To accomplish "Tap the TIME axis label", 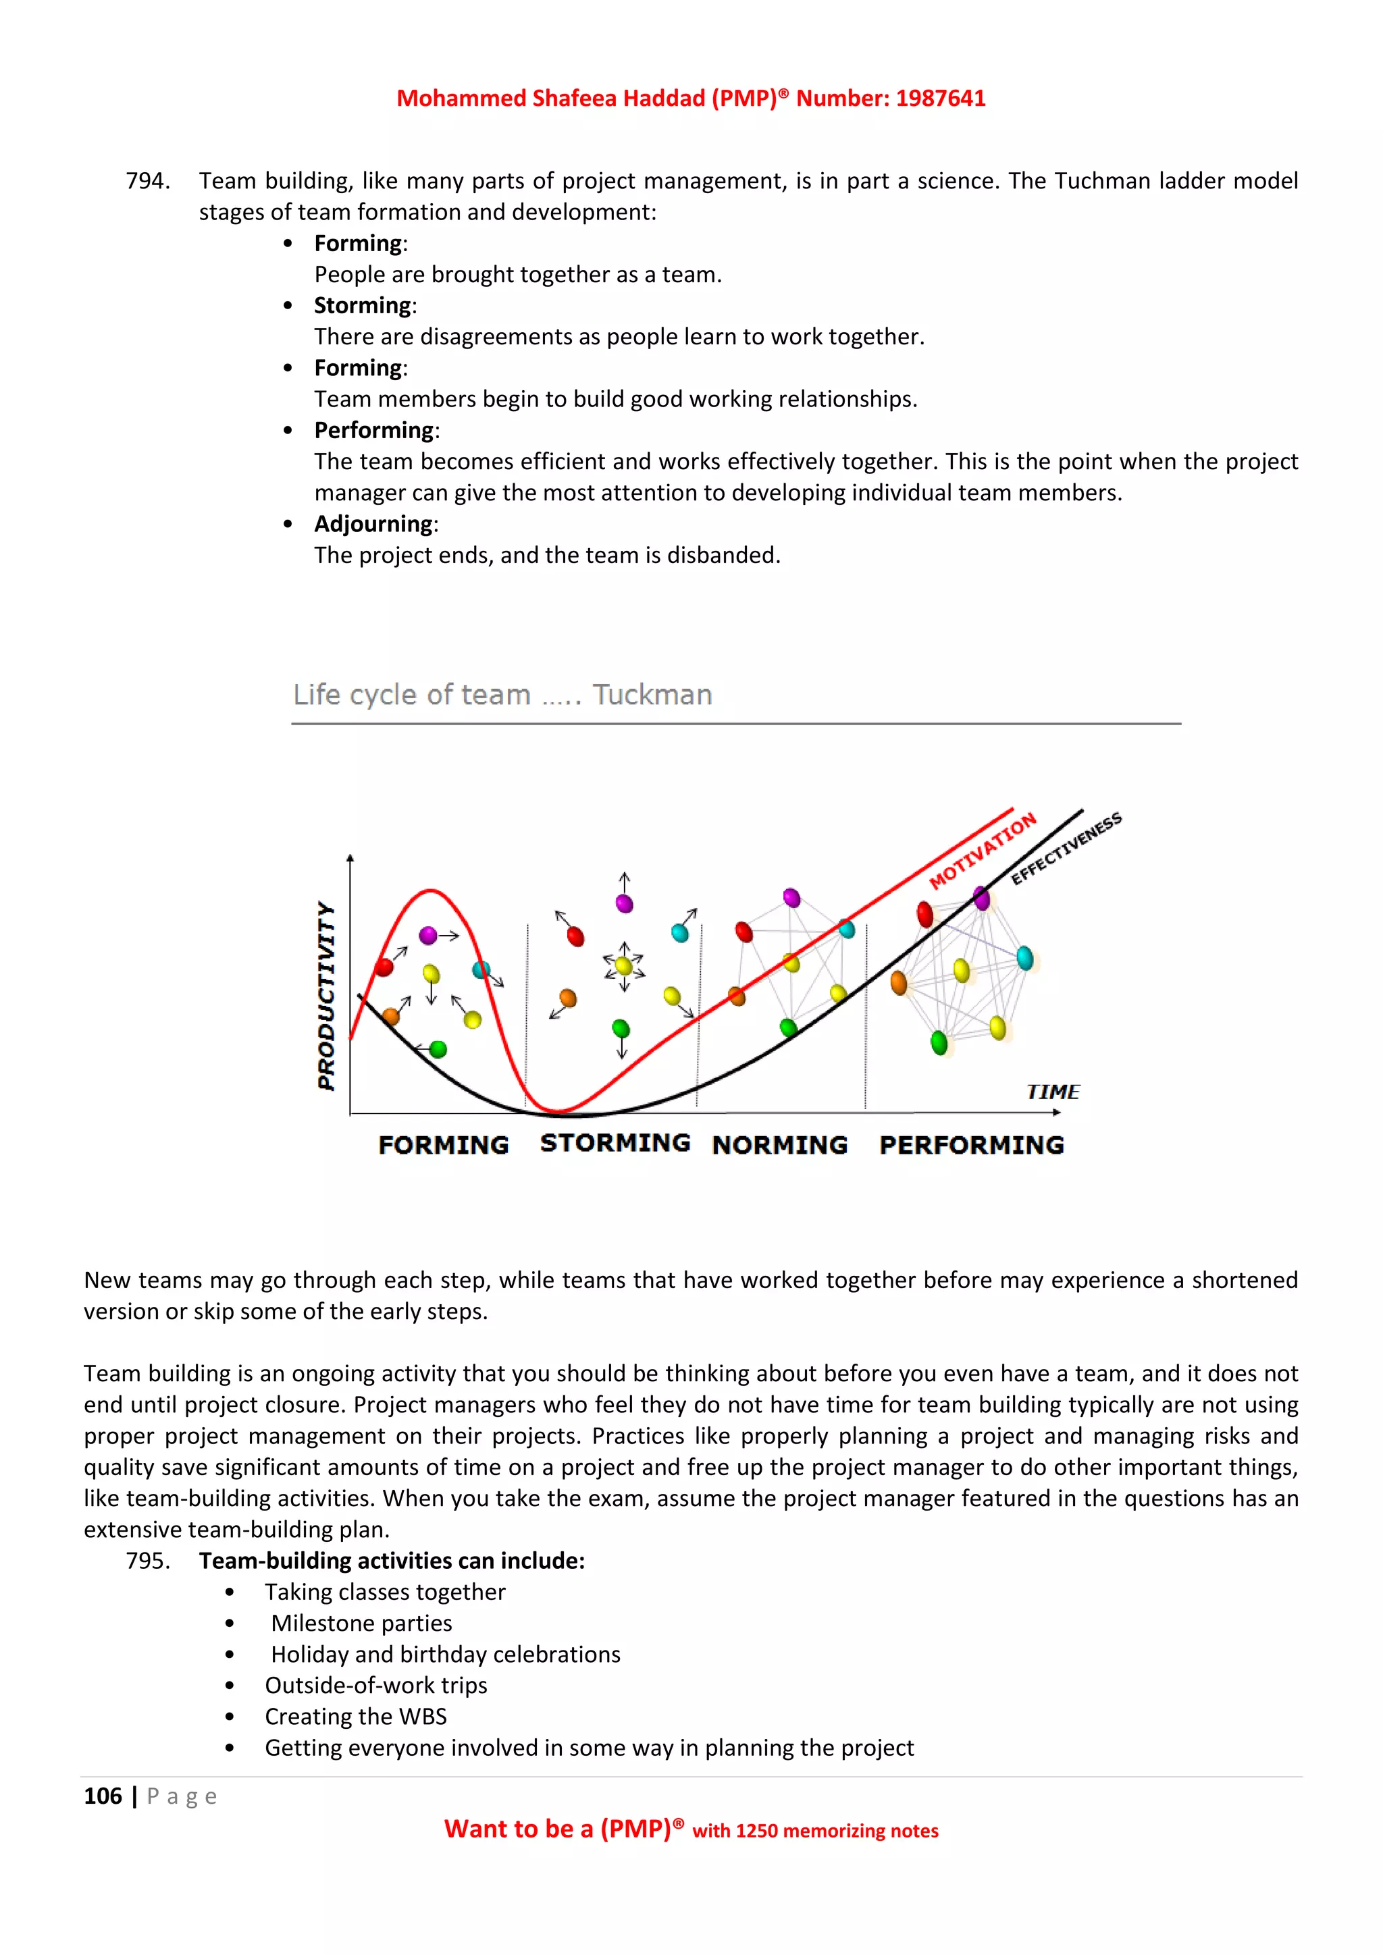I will tap(1053, 1092).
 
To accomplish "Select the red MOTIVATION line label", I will tap(982, 850).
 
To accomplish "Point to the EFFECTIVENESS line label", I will tap(1066, 849).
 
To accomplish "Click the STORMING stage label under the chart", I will tap(615, 1143).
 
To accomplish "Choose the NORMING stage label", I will tap(779, 1145).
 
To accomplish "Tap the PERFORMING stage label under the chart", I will tap(972, 1145).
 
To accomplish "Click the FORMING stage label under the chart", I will tap(443, 1145).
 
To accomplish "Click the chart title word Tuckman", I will tap(652, 695).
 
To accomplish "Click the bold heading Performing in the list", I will tap(374, 430).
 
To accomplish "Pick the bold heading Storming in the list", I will tap(363, 306).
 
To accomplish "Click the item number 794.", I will tap(147, 180).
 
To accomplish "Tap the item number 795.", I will tap(147, 1561).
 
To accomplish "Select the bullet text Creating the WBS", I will tap(355, 1717).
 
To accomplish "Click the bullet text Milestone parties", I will tap(361, 1623).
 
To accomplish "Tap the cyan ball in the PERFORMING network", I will tap(1024, 959).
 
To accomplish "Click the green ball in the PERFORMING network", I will tap(939, 1042).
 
